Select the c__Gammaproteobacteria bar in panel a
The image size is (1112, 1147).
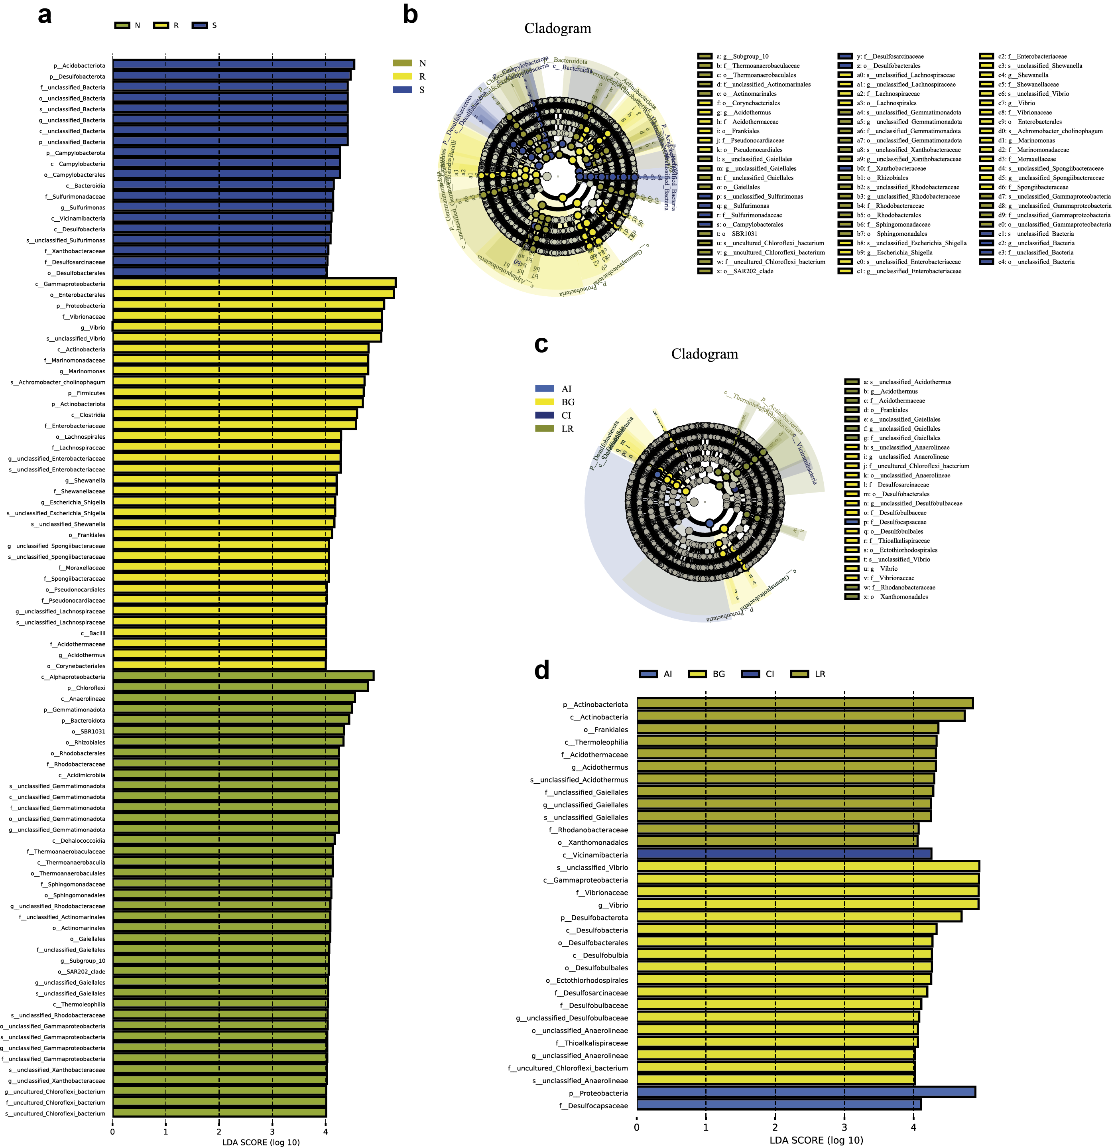pyautogui.click(x=254, y=283)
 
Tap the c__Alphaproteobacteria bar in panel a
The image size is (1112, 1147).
pyautogui.click(x=243, y=676)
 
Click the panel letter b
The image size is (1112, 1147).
pyautogui.click(x=411, y=14)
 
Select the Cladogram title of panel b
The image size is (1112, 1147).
pyautogui.click(x=557, y=28)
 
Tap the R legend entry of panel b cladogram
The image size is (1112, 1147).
pyautogui.click(x=409, y=77)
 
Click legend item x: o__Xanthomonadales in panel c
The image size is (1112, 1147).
pyautogui.click(x=895, y=597)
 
